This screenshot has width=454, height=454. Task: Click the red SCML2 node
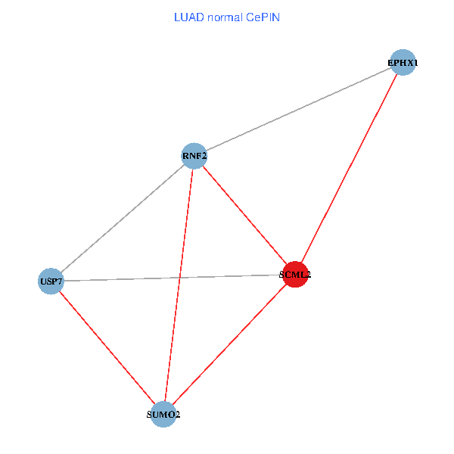pos(294,275)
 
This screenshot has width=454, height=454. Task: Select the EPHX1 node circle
pos(403,63)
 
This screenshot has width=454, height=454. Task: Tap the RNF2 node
pos(194,157)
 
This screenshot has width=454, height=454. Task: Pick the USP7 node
pos(51,281)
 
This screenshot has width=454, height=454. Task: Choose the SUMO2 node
pos(163,415)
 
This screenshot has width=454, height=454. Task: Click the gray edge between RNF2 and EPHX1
pos(298,110)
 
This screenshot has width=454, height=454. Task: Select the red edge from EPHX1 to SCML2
pos(349,168)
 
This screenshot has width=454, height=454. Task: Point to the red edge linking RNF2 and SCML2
pos(244,216)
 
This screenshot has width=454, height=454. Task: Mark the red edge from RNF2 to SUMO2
pos(179,285)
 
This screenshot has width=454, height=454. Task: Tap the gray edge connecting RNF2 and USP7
pos(123,219)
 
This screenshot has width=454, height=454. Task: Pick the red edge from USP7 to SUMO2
pos(107,348)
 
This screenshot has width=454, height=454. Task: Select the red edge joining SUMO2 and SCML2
pos(229,345)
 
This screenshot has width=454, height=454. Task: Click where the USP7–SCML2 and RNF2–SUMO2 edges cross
pos(180,278)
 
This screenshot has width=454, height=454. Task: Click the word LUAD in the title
pos(188,16)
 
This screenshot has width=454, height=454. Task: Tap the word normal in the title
pos(225,16)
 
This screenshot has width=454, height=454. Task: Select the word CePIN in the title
pos(263,16)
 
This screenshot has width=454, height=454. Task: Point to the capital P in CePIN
pos(267,16)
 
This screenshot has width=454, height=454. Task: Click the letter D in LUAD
pos(200,16)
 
